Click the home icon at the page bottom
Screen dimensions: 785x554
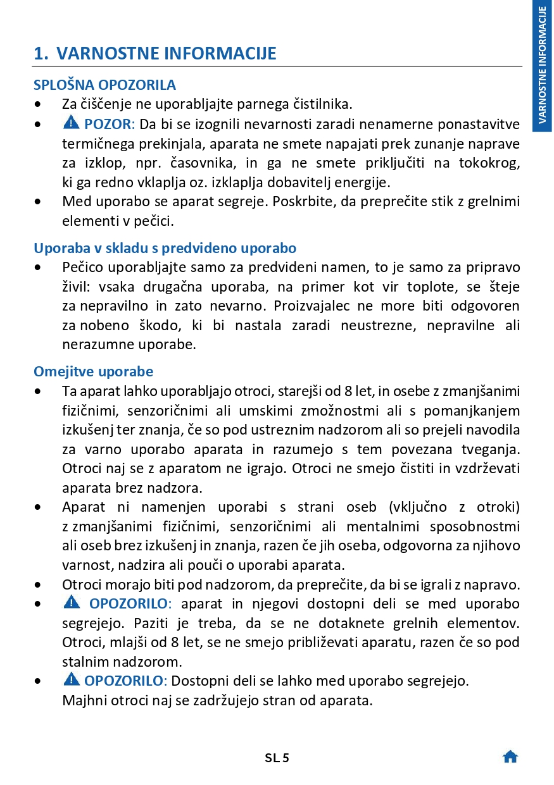pyautogui.click(x=510, y=757)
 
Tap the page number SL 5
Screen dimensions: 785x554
pyautogui.click(x=277, y=758)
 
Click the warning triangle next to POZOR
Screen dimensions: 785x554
pyautogui.click(x=72, y=123)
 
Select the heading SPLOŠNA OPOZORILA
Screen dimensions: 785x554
pyautogui.click(x=104, y=85)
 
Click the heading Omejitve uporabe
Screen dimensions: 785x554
pyautogui.click(x=93, y=371)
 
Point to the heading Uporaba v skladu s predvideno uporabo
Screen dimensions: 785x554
pyautogui.click(x=165, y=248)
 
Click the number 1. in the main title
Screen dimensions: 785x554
pyautogui.click(x=41, y=53)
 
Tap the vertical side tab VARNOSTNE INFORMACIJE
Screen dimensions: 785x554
pyautogui.click(x=543, y=66)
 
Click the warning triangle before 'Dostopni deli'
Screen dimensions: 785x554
pyautogui.click(x=72, y=681)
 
